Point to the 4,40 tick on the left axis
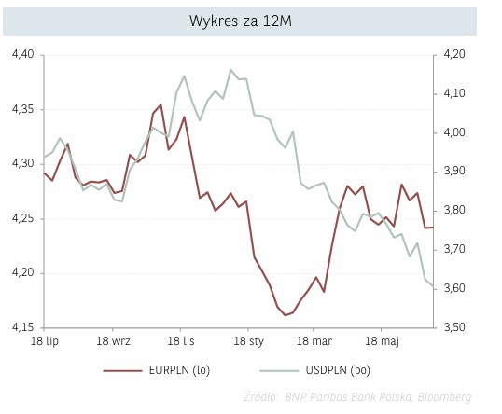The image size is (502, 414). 21,55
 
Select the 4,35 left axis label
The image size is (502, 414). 21,110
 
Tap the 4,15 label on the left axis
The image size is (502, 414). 21,328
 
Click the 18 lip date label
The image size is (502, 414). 43,343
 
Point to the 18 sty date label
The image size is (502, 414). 248,343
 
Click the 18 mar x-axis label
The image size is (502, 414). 315,343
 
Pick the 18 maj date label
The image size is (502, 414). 383,343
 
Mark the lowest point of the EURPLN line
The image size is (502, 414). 285,315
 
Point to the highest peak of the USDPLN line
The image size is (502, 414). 230,70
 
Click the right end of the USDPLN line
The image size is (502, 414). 433,286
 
